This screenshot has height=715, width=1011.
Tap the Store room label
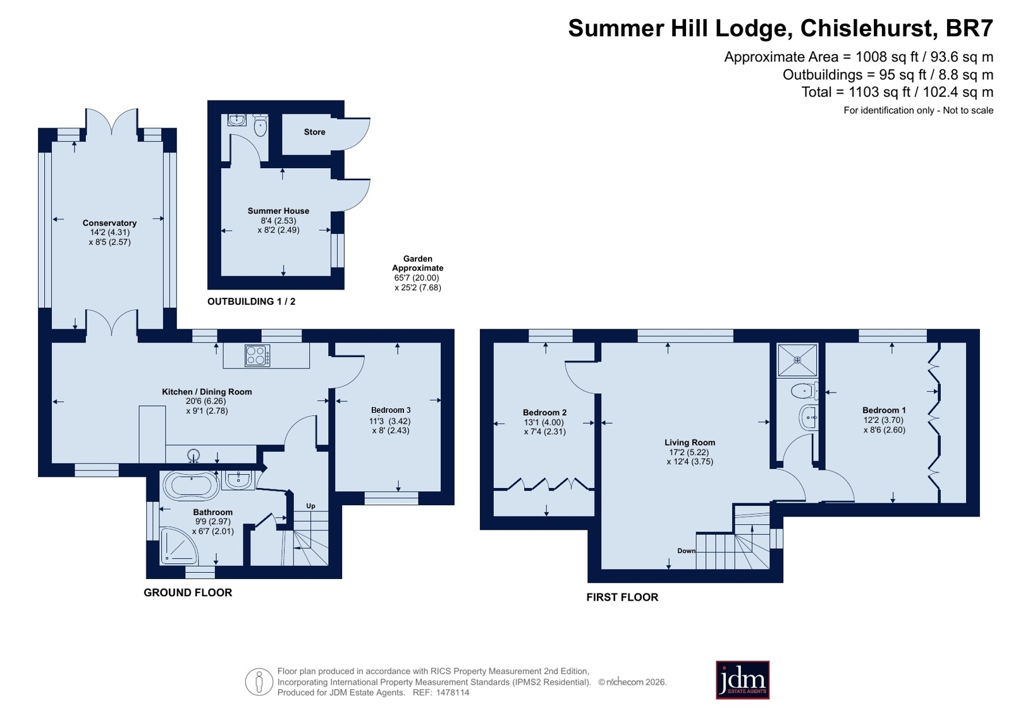[x=315, y=131]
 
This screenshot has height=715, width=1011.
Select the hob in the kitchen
[x=257, y=355]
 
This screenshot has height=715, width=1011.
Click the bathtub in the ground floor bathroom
[x=192, y=486]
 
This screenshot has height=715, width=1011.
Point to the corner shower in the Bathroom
[x=178, y=546]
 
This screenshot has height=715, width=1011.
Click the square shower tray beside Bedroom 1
[x=797, y=360]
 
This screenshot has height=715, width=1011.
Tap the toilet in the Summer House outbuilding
[x=260, y=125]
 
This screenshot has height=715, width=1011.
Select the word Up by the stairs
[x=310, y=506]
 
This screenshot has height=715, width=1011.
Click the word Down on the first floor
[x=687, y=551]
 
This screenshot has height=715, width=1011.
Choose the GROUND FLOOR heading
[x=188, y=592]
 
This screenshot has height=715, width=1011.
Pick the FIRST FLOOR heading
[x=622, y=597]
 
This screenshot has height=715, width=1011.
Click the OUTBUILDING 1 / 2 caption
[x=252, y=301]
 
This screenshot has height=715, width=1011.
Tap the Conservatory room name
[x=109, y=223]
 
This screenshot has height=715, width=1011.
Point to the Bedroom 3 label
[x=391, y=410]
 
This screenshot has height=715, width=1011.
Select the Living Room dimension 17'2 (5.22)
[x=689, y=452]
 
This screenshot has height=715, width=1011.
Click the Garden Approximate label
[x=417, y=263]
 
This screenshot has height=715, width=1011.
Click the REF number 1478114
[x=453, y=692]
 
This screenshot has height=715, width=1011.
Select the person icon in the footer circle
[x=259, y=681]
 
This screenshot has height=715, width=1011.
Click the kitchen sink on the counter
[x=193, y=455]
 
